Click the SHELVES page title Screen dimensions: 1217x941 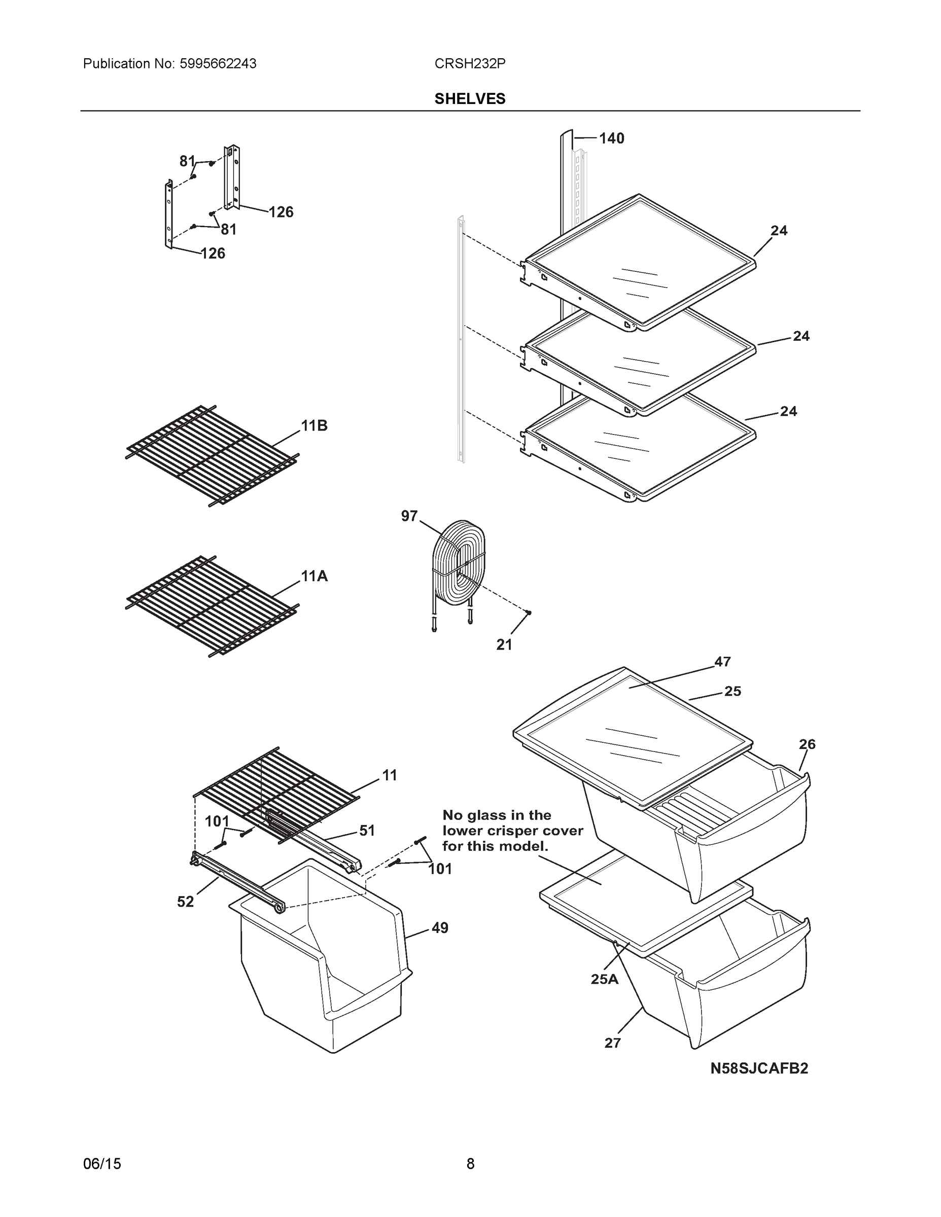pos(469,99)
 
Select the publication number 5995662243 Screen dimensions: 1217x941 pos(218,63)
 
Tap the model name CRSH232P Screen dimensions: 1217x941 pos(469,63)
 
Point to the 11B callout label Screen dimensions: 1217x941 pos(314,426)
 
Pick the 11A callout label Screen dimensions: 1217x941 pos(314,576)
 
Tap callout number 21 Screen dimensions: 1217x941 pos(504,645)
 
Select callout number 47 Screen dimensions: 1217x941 pos(722,661)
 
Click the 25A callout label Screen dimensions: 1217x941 pos(604,979)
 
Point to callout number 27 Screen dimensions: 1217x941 pos(612,1043)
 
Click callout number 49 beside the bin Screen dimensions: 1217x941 pos(440,928)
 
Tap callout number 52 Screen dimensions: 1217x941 pos(185,902)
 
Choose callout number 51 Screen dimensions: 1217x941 pos(367,830)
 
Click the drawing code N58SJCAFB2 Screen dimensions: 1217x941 pos(759,1068)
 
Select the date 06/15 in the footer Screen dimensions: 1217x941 pos(101,1164)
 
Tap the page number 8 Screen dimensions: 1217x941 pos(470,1164)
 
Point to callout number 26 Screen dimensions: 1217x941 pos(807,744)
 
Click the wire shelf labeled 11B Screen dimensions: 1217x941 pos(212,454)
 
